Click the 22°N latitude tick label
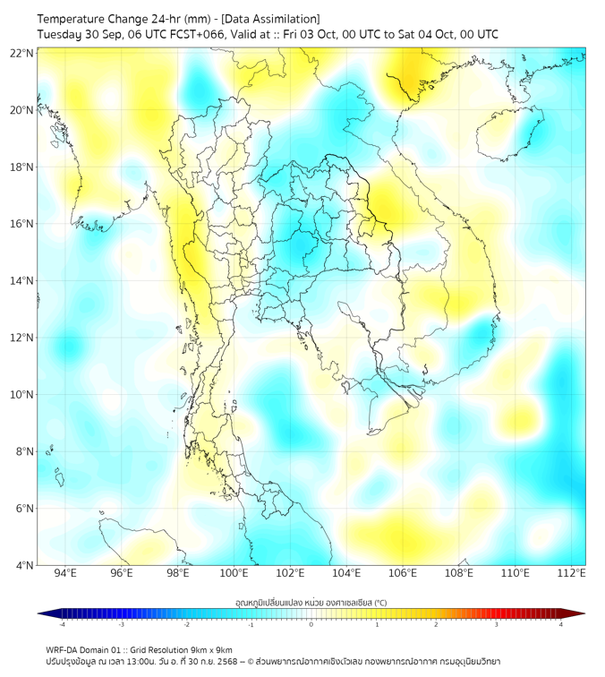(22, 53)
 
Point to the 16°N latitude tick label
(22, 224)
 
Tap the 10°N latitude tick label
(22, 395)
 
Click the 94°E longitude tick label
(65, 574)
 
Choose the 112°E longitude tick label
(571, 574)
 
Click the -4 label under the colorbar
(62, 624)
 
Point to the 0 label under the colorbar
(311, 624)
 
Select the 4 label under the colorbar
(561, 624)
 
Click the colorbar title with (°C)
(311, 602)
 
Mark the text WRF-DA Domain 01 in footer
(87, 649)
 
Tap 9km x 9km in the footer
(210, 649)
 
